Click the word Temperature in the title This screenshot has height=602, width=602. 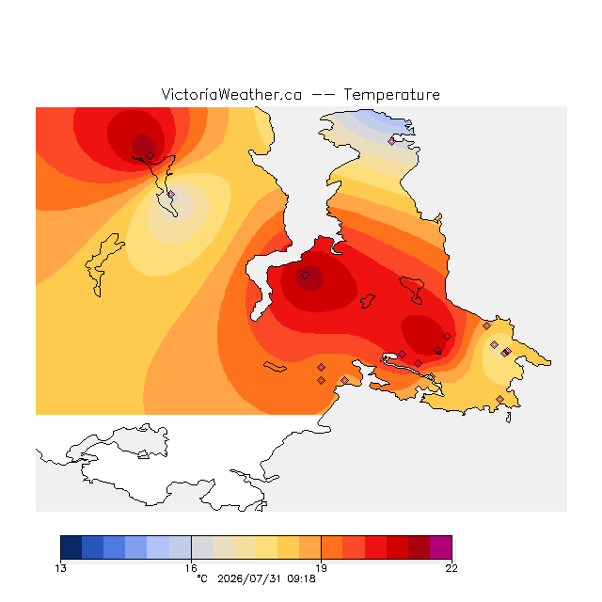point(391,94)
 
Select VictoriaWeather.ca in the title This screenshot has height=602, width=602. point(231,94)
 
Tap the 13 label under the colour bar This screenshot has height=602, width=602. point(60,568)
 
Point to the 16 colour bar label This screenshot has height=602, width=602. point(191,568)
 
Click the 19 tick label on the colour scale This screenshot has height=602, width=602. point(321,568)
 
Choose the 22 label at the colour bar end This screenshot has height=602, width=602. point(451,568)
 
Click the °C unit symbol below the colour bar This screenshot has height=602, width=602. point(202,578)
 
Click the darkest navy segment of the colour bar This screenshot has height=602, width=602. point(71,547)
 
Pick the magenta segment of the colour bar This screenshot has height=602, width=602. point(441,547)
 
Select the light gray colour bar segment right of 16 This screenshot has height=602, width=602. point(202,547)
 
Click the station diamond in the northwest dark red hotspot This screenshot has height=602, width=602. point(150,155)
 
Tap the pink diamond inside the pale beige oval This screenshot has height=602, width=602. point(171,195)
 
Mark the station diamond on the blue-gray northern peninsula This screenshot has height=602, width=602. point(391,141)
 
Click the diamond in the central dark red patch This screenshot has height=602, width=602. point(305,275)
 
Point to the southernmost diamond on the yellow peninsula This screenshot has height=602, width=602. point(499,399)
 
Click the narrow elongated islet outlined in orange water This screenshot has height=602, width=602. point(275,367)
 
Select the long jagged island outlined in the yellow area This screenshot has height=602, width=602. point(103,265)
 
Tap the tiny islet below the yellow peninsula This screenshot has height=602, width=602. point(509,418)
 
